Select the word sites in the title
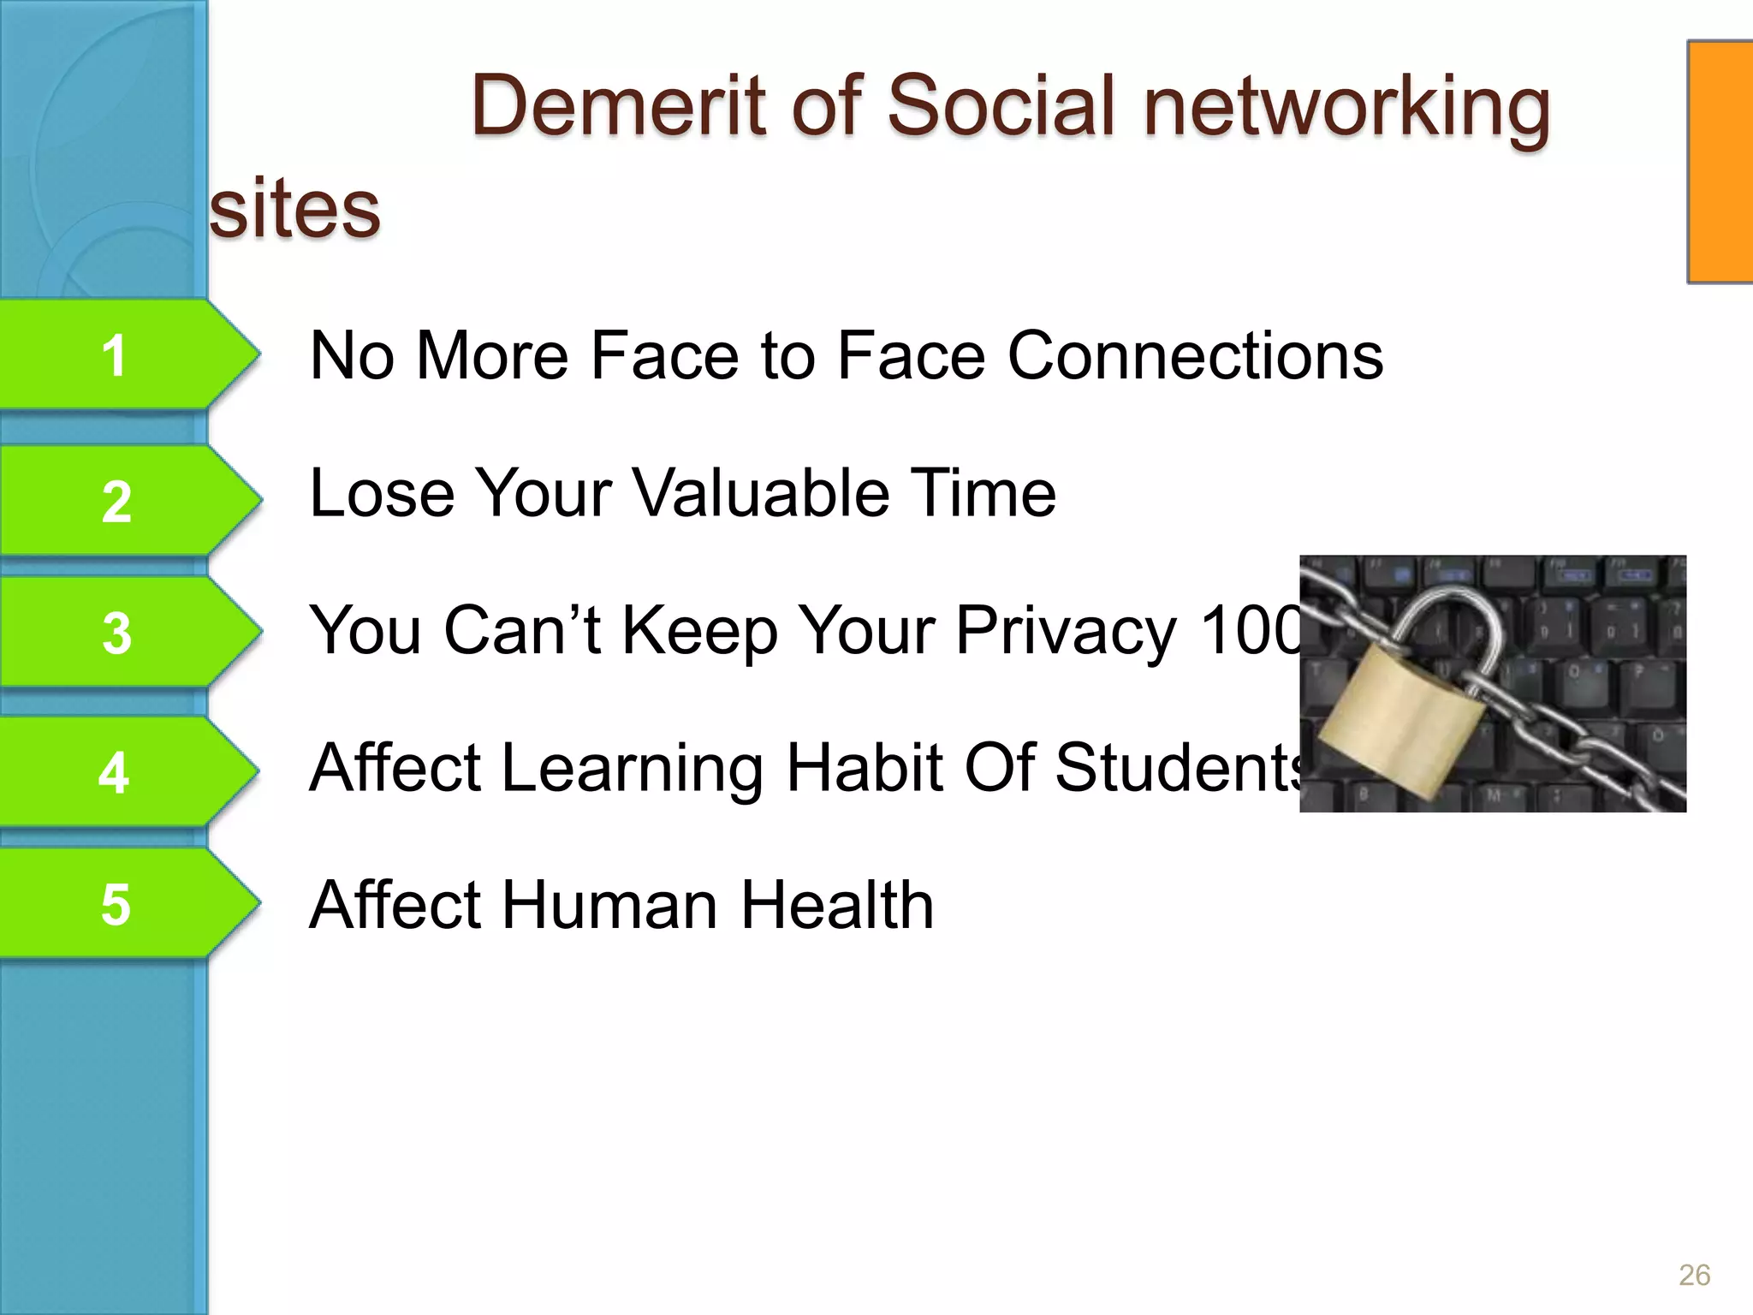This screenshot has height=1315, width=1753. [294, 210]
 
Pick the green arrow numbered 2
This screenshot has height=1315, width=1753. [120, 501]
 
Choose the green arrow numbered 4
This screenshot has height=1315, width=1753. [120, 771]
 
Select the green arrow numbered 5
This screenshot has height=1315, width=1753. [120, 904]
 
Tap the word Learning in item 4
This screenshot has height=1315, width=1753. [633, 769]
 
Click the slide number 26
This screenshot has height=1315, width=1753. [1694, 1275]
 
